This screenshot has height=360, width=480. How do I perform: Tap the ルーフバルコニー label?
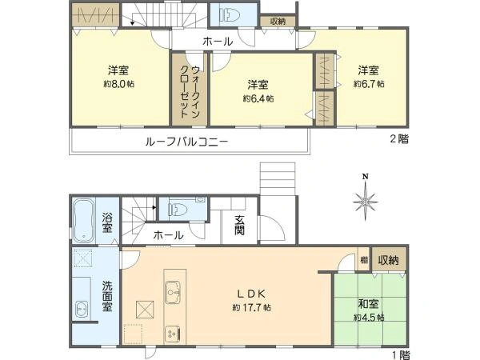[x=187, y=142]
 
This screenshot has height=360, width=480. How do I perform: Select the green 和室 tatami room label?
[x=367, y=303]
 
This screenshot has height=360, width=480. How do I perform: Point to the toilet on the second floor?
[x=230, y=15]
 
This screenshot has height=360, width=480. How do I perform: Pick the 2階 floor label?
[x=398, y=138]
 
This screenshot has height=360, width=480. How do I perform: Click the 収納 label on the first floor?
[x=389, y=261]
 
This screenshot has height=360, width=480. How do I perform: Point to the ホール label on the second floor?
[x=218, y=41]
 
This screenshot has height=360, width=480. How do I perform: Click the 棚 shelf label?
[x=364, y=259]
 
